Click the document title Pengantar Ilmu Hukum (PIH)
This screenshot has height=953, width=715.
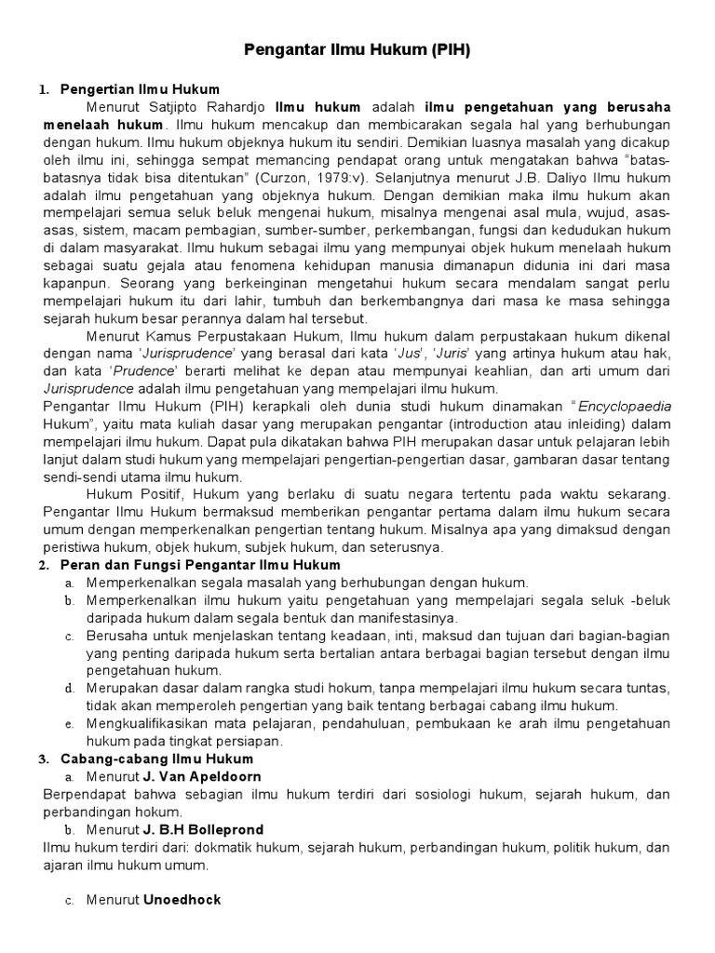point(357,49)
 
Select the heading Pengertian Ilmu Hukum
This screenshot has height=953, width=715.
point(140,89)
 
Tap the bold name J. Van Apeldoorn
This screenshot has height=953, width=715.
point(202,776)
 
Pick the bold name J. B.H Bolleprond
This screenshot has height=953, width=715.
point(203,829)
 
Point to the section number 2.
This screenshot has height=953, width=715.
point(43,565)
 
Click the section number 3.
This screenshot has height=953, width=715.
point(43,758)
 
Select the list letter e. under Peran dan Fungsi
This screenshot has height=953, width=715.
point(69,723)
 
